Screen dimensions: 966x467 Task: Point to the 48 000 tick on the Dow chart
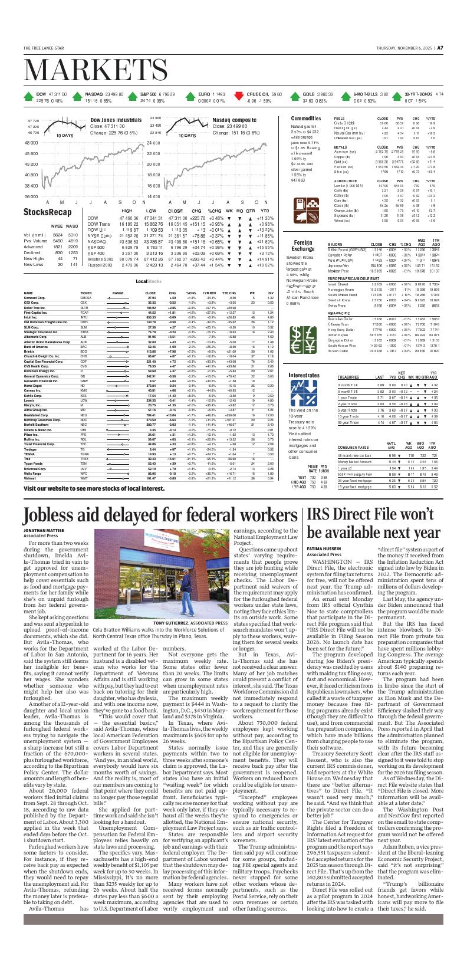coord(31,143)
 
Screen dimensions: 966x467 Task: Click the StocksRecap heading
coord(48,212)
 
